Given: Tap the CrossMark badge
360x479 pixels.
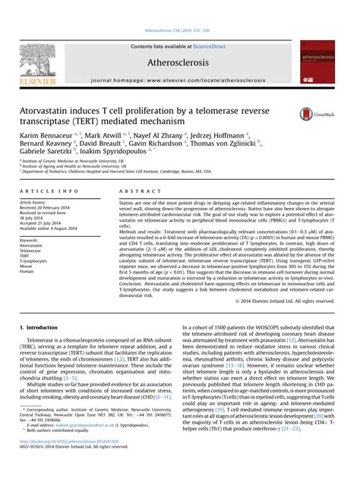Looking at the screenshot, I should pyautogui.click(x=314, y=115).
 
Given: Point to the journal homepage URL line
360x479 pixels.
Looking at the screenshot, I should pyautogui.click(x=179, y=79).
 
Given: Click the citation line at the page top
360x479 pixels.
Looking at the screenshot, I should pyautogui.click(x=179, y=9).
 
